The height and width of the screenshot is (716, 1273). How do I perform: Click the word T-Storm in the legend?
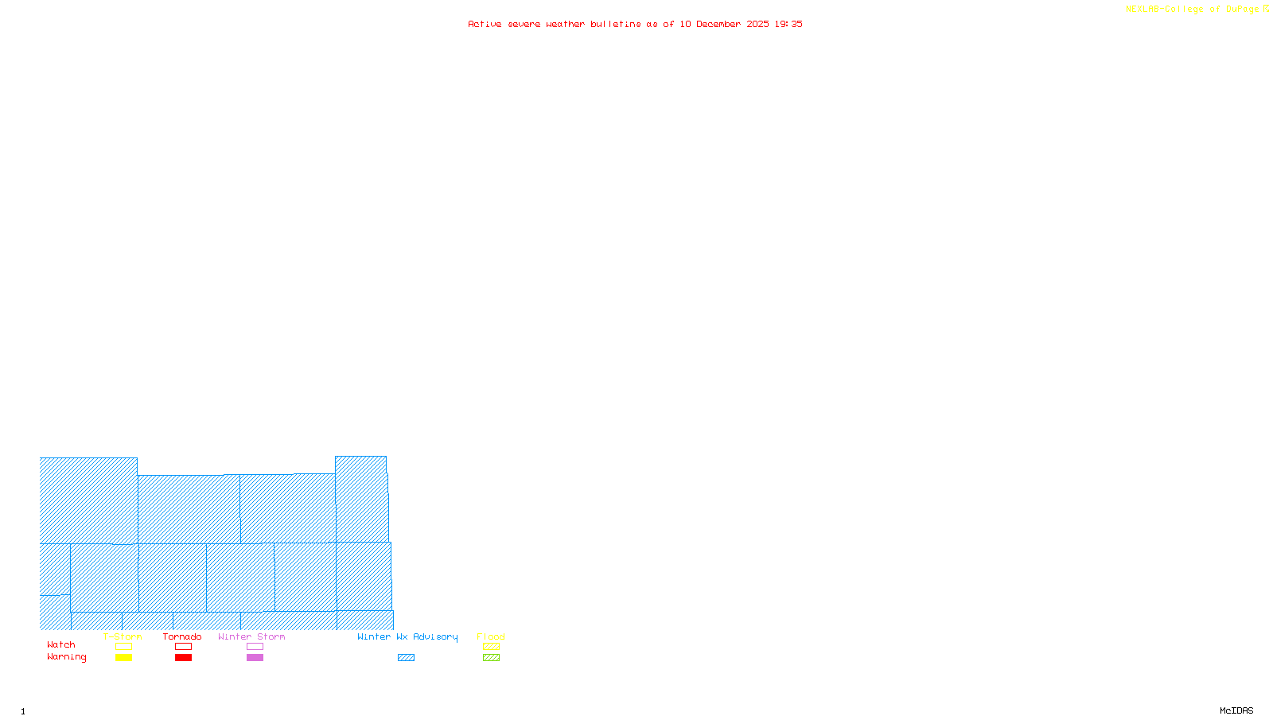point(123,636)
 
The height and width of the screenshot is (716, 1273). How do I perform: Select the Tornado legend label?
point(182,636)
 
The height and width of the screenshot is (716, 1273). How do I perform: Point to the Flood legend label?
point(491,636)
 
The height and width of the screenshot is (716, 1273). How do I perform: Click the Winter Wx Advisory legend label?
point(407,636)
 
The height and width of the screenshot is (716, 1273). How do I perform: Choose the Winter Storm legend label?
point(251,636)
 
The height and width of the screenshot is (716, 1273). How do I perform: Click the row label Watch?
point(61,644)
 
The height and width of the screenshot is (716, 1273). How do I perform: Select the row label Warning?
point(67,657)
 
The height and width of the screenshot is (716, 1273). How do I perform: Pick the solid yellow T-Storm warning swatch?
point(123,658)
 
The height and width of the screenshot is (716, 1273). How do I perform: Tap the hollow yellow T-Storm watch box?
point(123,647)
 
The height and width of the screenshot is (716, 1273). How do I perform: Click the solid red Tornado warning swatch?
point(183,658)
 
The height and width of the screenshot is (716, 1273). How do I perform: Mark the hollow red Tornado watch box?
point(183,647)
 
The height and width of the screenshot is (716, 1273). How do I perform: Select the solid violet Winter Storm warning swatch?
point(255,658)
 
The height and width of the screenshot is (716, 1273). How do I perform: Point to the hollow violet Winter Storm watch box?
point(255,647)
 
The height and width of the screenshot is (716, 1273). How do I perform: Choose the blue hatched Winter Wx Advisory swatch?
point(406,658)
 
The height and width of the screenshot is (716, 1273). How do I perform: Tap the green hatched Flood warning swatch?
point(491,658)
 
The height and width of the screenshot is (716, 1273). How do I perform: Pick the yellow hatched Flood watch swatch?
point(491,647)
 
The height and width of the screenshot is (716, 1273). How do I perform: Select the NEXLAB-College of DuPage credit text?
point(1193,10)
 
